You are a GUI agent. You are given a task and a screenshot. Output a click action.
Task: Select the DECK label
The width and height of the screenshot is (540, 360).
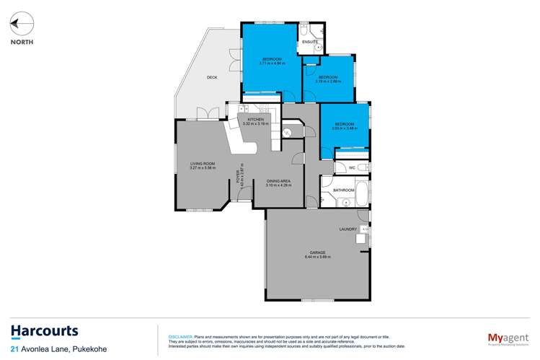tap(212, 77)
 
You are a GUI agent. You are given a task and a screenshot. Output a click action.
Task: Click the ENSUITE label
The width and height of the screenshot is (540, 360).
tap(311, 42)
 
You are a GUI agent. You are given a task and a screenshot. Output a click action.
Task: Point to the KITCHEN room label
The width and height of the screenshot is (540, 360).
tap(257, 119)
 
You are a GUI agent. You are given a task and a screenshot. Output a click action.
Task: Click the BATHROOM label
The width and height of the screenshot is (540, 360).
tap(343, 190)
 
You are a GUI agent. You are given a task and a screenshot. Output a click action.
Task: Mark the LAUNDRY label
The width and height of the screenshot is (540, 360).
tap(349, 229)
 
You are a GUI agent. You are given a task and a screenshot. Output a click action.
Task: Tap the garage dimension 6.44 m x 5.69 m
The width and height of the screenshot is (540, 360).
tap(317, 257)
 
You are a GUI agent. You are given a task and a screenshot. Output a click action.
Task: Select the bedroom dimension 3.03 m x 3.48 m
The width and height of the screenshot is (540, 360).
tap(344, 128)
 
